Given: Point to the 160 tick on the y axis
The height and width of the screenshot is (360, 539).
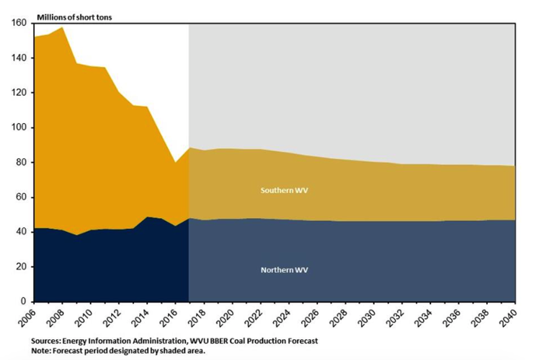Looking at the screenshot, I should click(x=19, y=23).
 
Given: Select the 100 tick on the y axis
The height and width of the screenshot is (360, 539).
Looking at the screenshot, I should click(x=19, y=127).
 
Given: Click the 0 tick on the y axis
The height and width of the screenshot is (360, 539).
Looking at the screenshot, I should click(x=23, y=301).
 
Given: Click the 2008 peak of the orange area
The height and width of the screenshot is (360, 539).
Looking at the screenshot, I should click(x=63, y=28).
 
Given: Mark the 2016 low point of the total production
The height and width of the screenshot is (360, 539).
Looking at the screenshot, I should click(x=175, y=163).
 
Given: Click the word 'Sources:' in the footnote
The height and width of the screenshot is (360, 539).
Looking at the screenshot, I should click(x=47, y=340).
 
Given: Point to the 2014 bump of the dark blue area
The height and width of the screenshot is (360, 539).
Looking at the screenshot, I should click(x=147, y=217).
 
